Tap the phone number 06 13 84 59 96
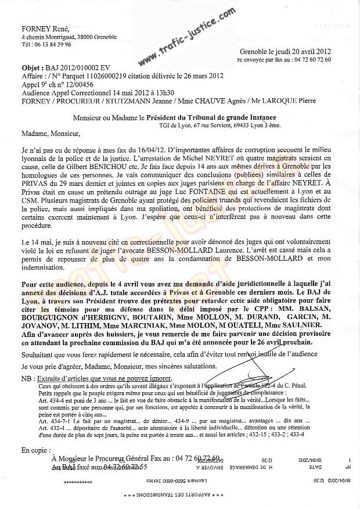pyautogui.click(x=51, y=44)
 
